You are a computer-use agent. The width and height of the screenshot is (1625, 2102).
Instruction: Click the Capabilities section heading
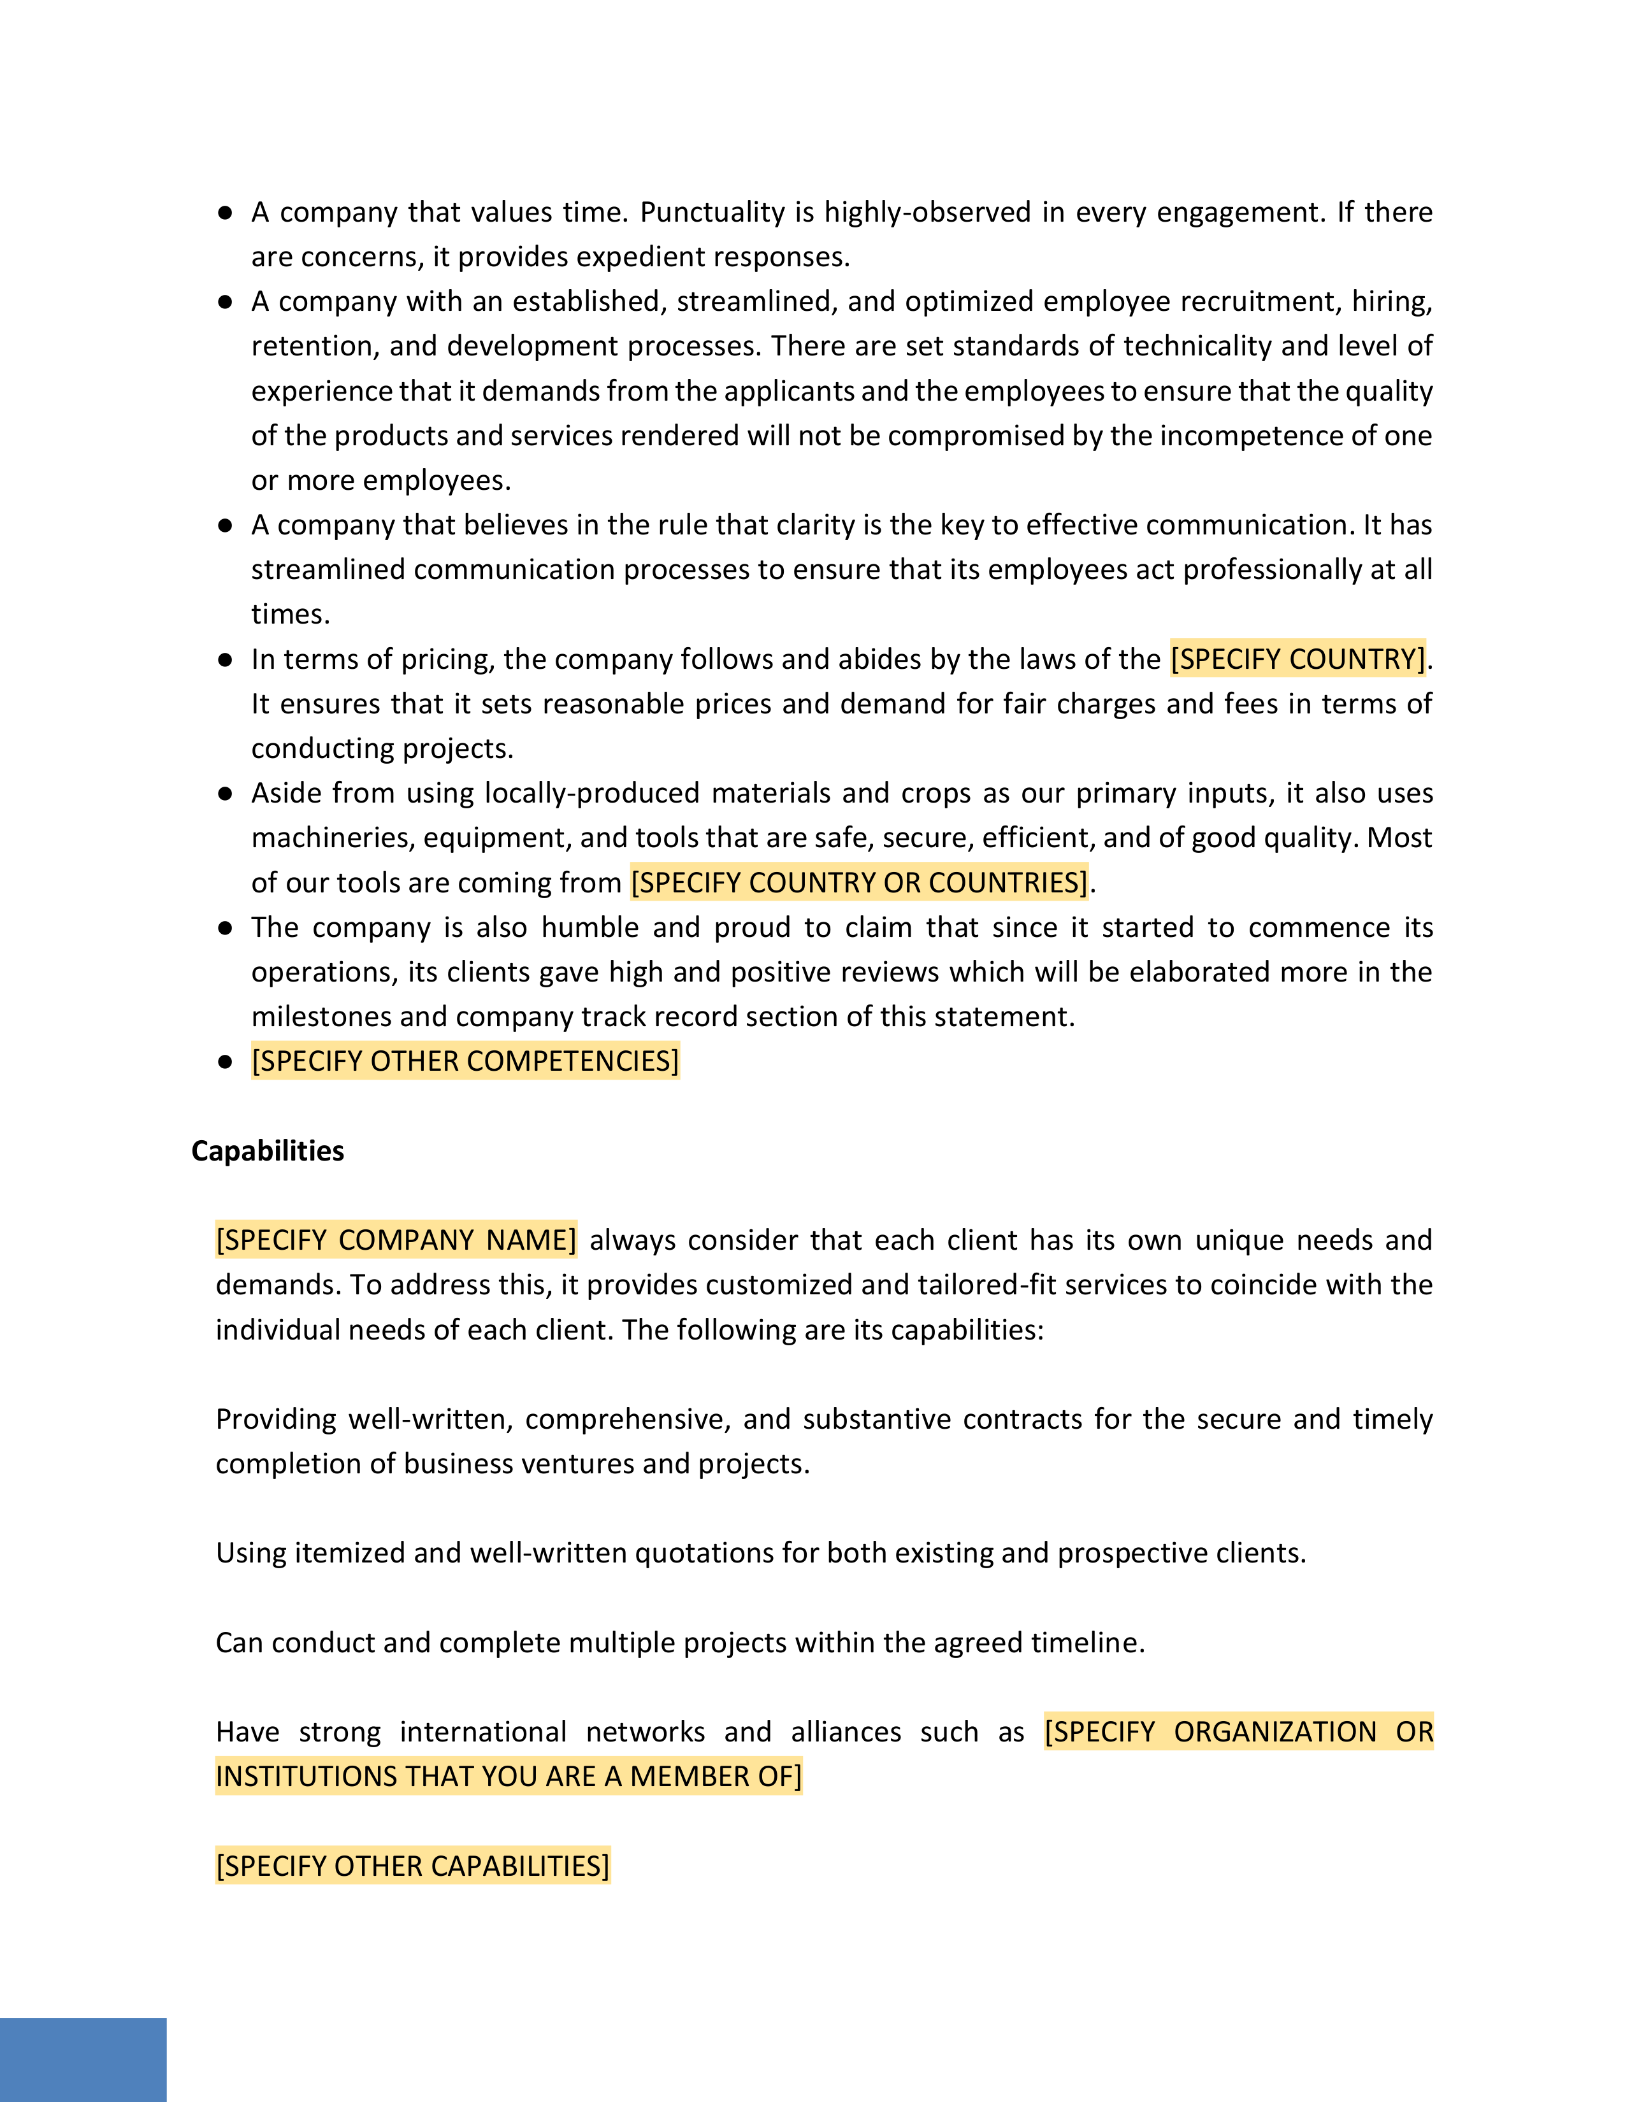click(x=268, y=1151)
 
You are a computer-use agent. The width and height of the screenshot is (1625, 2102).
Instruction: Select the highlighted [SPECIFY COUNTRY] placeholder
click(x=1297, y=659)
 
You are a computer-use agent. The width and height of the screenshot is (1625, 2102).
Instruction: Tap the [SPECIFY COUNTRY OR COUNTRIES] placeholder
click(x=859, y=883)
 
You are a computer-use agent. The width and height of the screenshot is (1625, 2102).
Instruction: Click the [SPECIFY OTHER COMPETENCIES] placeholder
click(x=465, y=1062)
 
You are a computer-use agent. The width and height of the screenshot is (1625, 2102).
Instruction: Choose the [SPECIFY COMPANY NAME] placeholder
click(x=396, y=1240)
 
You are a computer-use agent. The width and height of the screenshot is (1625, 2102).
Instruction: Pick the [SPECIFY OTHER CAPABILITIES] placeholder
click(x=412, y=1866)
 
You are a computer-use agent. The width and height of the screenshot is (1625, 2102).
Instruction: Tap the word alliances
click(x=845, y=1733)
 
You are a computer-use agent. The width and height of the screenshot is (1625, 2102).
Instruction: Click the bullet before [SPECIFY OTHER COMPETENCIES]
click(x=225, y=1062)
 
